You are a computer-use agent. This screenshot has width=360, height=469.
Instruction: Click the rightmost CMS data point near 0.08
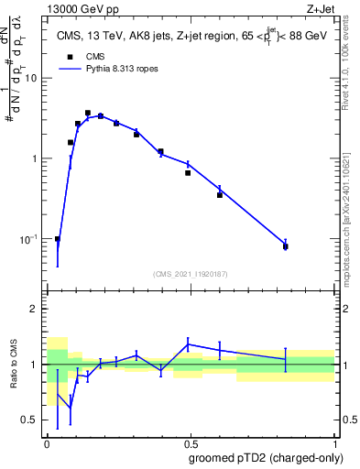286,246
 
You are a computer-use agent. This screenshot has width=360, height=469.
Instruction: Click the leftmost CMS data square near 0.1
58,239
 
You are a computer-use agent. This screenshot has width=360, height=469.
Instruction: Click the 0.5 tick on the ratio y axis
31,420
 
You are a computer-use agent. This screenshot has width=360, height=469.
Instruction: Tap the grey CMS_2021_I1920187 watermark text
191,274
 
